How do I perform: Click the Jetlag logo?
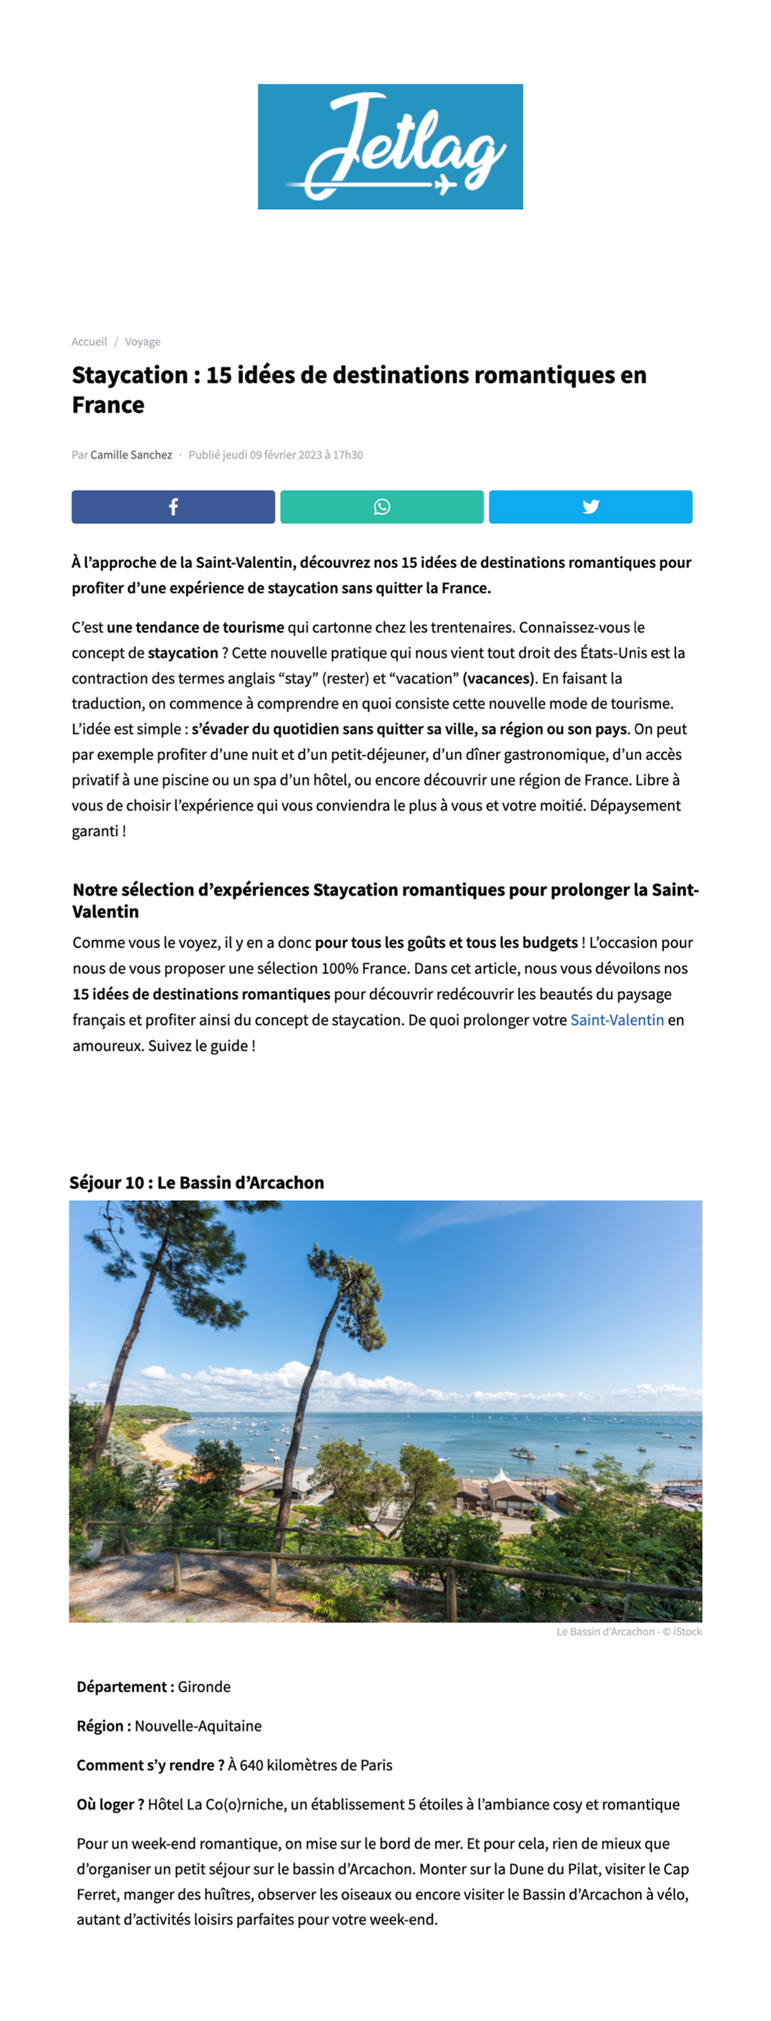coord(390,147)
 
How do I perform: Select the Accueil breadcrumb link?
coord(89,341)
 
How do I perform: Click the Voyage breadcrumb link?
coord(142,341)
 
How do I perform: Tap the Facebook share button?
coord(172,507)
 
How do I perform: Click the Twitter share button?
coord(590,507)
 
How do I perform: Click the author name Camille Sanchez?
coord(131,455)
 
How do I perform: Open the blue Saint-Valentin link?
coord(617,1020)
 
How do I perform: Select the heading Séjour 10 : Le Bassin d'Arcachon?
coord(197,1182)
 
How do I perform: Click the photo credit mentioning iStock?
coord(629,1631)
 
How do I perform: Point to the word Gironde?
coord(204,1687)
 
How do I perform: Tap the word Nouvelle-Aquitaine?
coord(198,1726)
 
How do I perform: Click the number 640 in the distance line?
coord(251,1765)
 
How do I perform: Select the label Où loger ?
coord(110,1804)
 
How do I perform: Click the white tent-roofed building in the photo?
coord(499,1478)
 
